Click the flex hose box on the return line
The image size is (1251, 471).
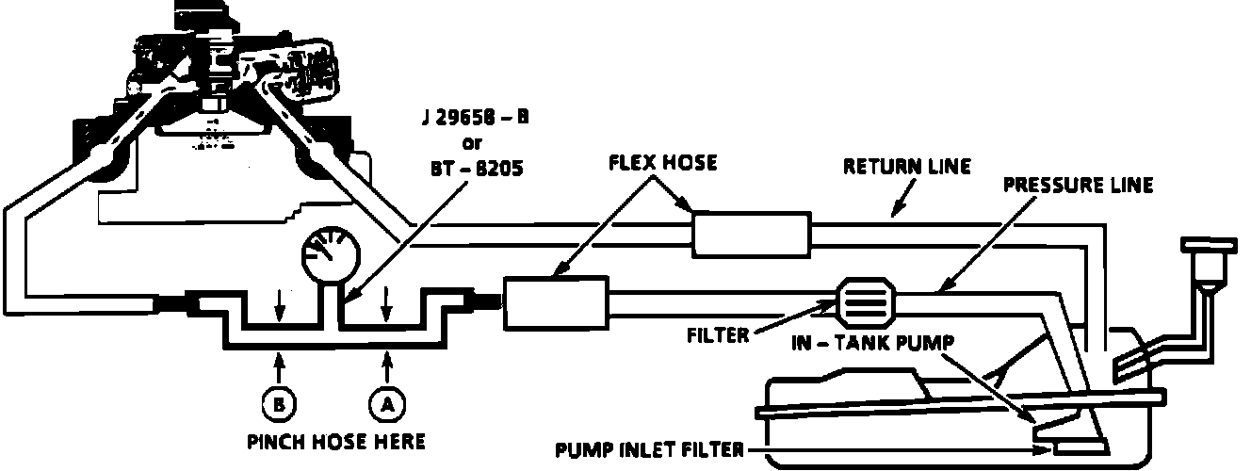752,234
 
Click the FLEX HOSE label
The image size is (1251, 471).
663,163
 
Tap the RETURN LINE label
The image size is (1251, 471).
905,168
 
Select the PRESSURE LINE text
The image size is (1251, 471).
1077,186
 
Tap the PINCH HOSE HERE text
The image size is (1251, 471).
335,441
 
